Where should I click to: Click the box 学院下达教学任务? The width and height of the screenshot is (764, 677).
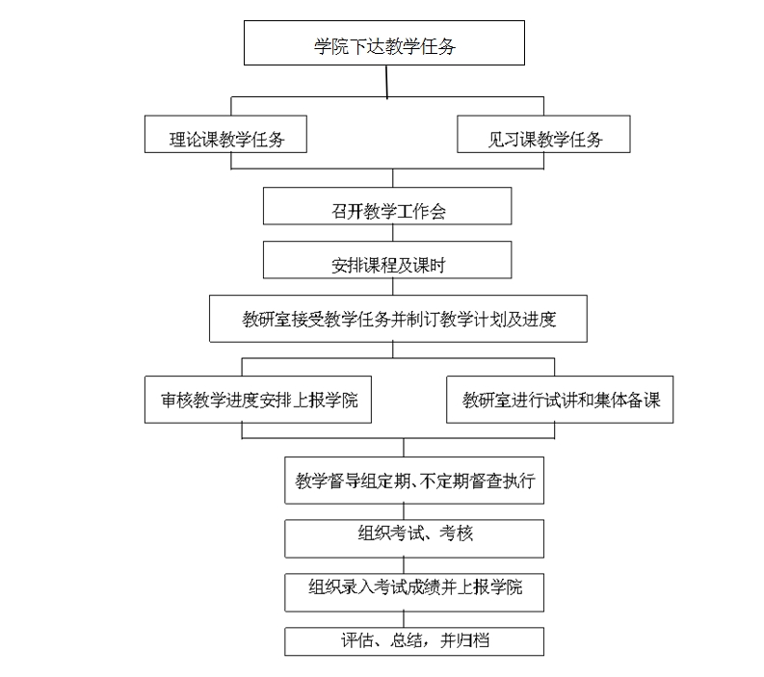(384, 43)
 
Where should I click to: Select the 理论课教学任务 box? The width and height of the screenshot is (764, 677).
(225, 134)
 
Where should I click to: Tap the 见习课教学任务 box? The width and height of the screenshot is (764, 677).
(543, 134)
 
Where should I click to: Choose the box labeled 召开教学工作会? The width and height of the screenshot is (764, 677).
(387, 206)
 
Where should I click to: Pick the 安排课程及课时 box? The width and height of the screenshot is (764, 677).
(387, 260)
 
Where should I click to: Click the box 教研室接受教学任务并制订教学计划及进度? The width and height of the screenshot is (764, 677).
(398, 319)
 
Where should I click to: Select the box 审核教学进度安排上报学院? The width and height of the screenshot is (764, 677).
(258, 400)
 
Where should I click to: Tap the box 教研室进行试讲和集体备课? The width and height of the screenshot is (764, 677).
(560, 400)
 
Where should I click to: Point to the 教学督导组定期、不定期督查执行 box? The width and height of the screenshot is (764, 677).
(414, 481)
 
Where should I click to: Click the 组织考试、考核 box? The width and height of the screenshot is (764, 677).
(414, 538)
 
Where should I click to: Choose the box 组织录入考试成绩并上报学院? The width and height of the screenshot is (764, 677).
(414, 593)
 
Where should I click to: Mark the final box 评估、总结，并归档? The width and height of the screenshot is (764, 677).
(414, 641)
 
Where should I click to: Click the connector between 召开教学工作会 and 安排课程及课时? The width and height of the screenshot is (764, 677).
(393, 233)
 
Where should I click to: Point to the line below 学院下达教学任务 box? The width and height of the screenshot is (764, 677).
(387, 82)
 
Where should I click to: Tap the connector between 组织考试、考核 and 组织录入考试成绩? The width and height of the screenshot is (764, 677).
(404, 566)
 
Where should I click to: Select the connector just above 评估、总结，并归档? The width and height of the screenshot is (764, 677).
(404, 619)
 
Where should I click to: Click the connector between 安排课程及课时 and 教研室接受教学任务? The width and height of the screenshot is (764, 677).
(393, 287)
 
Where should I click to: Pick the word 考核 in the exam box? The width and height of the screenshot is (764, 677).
(456, 534)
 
